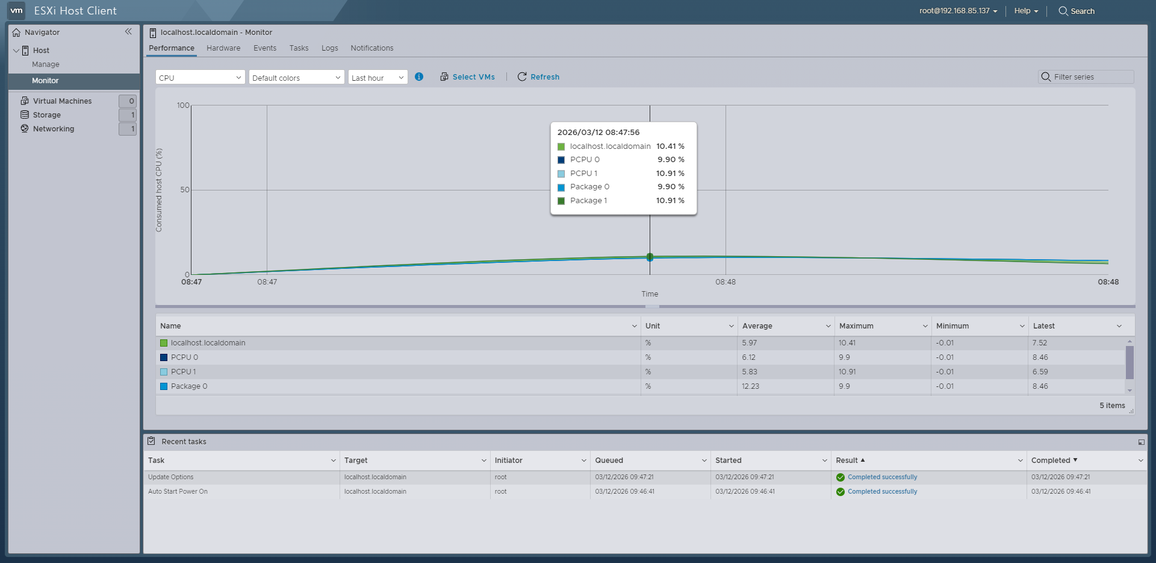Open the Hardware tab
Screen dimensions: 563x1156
coord(223,48)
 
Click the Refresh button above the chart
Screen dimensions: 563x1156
coord(538,77)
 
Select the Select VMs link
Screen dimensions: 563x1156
coord(468,77)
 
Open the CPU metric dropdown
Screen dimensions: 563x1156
coord(200,78)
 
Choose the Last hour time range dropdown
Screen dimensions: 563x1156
coord(378,78)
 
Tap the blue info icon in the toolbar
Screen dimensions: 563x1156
coord(419,77)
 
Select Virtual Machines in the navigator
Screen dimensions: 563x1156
coord(62,101)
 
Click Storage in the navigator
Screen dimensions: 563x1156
coord(46,115)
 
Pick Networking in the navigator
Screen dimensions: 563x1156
coord(53,129)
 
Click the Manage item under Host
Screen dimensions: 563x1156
coord(46,64)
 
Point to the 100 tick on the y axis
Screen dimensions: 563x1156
coord(183,105)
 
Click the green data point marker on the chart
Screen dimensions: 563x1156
coord(650,257)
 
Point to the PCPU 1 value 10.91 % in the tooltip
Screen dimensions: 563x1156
coord(670,174)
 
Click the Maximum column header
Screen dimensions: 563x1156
coord(856,326)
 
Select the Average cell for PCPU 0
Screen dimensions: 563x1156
coord(749,357)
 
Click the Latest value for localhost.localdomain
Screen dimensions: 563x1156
coord(1040,343)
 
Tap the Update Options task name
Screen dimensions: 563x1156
coord(171,477)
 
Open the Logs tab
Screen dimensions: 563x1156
coord(329,48)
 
